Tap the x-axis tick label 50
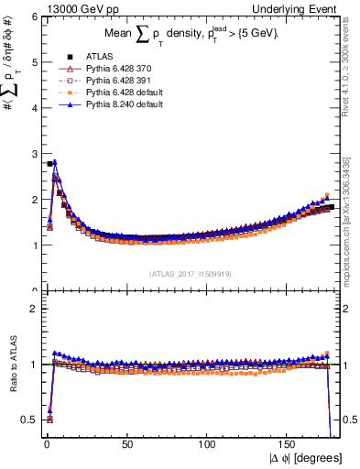tap(126, 442)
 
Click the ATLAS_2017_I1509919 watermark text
tap(190, 273)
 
